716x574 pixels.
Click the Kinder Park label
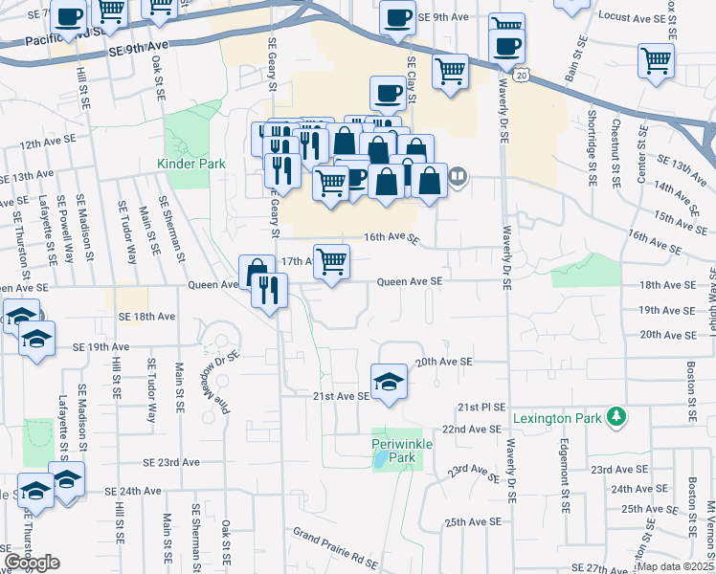click(191, 164)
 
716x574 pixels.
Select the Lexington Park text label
click(556, 418)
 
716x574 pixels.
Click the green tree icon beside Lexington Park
click(618, 417)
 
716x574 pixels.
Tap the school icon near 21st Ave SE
click(389, 380)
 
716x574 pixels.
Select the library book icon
click(459, 176)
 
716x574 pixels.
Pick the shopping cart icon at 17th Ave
click(331, 260)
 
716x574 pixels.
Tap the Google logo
click(31, 563)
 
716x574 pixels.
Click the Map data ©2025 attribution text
click(675, 566)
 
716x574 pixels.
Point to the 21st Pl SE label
click(481, 407)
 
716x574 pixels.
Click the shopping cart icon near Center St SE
click(657, 60)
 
